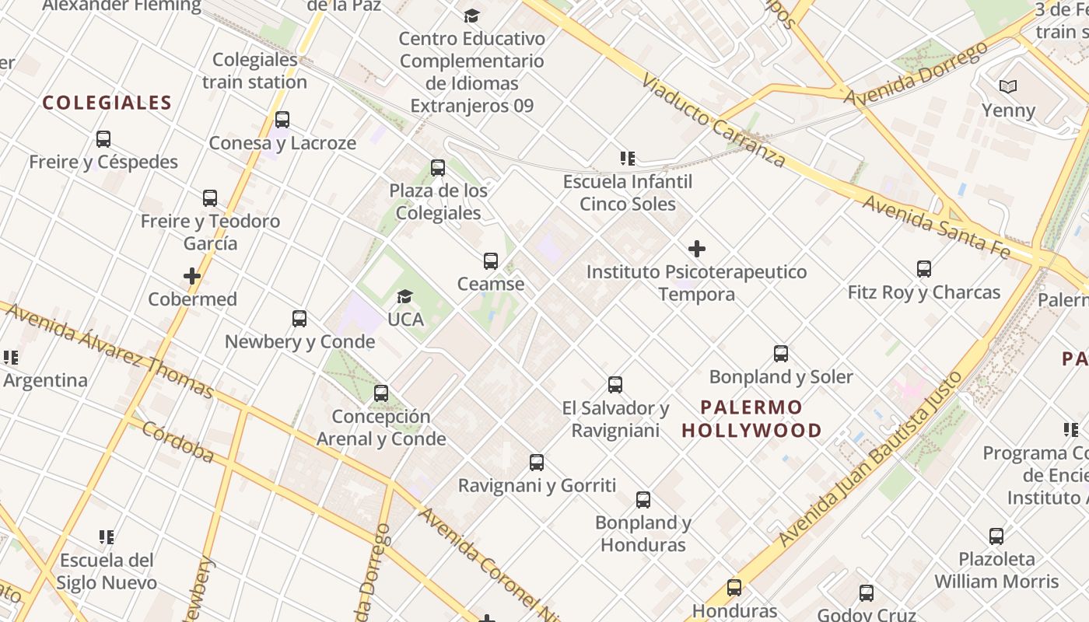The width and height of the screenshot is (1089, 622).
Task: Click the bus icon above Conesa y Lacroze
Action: [282, 120]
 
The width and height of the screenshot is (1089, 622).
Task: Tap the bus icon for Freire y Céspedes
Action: [103, 139]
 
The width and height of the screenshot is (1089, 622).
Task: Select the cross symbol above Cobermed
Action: [192, 276]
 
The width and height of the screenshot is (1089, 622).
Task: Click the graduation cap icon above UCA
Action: [404, 296]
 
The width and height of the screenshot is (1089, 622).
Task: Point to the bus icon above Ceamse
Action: [491, 261]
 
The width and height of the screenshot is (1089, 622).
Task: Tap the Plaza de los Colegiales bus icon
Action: [438, 168]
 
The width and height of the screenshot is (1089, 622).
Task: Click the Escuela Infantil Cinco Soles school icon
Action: [628, 159]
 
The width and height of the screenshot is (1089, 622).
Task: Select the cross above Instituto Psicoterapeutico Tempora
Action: [697, 249]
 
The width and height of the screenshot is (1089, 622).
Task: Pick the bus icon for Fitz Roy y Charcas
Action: [924, 269]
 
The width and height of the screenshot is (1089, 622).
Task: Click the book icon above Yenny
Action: [1008, 86]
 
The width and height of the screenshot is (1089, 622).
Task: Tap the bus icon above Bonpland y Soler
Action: [781, 354]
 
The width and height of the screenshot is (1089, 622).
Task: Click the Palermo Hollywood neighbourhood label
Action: [751, 418]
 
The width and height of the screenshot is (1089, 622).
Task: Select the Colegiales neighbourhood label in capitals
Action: [107, 103]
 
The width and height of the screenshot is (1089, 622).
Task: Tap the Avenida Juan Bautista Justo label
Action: [870, 459]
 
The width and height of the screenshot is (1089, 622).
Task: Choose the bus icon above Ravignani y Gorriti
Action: [537, 463]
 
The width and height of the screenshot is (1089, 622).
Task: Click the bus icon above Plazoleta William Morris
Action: [996, 536]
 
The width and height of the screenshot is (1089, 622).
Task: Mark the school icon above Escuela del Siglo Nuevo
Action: [107, 536]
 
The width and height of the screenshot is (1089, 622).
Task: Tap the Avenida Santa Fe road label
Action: [937, 227]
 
